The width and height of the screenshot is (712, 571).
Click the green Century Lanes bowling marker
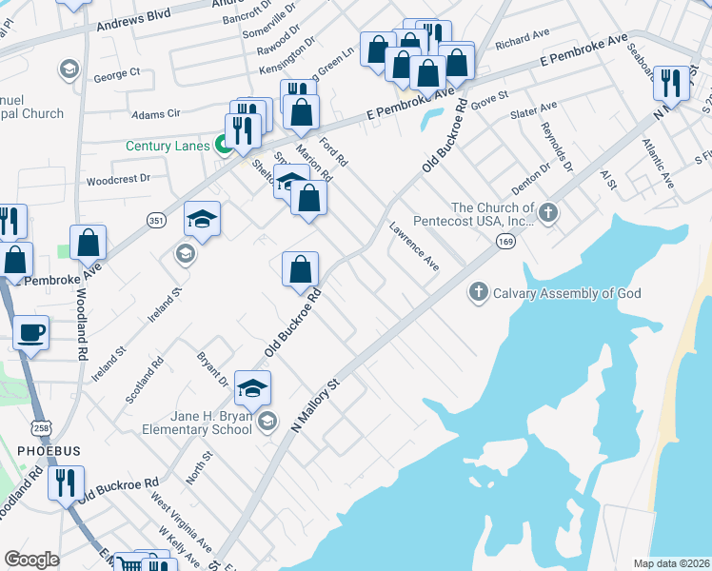click(x=226, y=146)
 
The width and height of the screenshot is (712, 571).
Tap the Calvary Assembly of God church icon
click(x=481, y=293)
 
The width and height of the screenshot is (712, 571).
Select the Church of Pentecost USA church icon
click(x=548, y=214)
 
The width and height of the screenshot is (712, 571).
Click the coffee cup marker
click(x=31, y=332)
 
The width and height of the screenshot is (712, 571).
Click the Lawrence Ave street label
click(x=414, y=246)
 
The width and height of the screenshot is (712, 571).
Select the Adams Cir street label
click(x=156, y=113)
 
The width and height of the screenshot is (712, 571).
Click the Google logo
click(x=31, y=560)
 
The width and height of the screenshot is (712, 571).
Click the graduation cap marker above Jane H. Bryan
click(x=253, y=387)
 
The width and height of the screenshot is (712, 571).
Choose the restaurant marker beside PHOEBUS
click(x=66, y=482)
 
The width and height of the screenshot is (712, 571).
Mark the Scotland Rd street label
click(x=145, y=379)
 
